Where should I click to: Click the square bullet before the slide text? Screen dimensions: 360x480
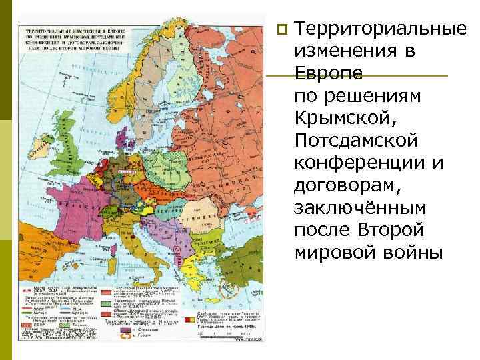click(x=283, y=29)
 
